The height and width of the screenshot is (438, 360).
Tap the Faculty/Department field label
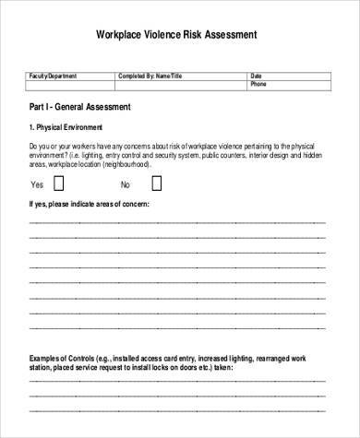pyautogui.click(x=54, y=76)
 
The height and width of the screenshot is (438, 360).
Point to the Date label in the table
pyautogui.click(x=258, y=76)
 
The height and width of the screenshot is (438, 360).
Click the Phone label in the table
pyautogui.click(x=259, y=84)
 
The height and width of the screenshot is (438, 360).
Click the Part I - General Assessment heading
pyautogui.click(x=79, y=106)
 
